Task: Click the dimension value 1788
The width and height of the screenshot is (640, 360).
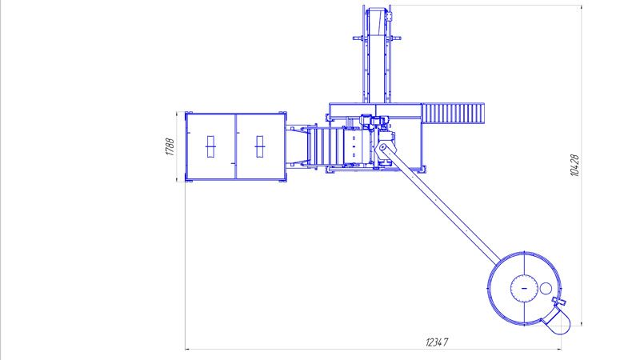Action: (x=170, y=147)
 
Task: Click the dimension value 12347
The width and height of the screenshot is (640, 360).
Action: (x=437, y=342)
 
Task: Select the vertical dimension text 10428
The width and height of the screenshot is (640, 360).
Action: (x=574, y=166)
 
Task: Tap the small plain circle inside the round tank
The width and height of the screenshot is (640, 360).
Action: (x=546, y=288)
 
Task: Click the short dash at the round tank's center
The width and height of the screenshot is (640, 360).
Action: (x=525, y=288)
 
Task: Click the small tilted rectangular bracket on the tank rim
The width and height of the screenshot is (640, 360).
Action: (x=559, y=302)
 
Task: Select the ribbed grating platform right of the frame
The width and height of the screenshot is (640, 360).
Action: (x=453, y=113)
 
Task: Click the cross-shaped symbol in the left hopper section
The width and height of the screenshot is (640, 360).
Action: (x=210, y=146)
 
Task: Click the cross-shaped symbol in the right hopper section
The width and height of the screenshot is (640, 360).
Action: (x=259, y=146)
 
